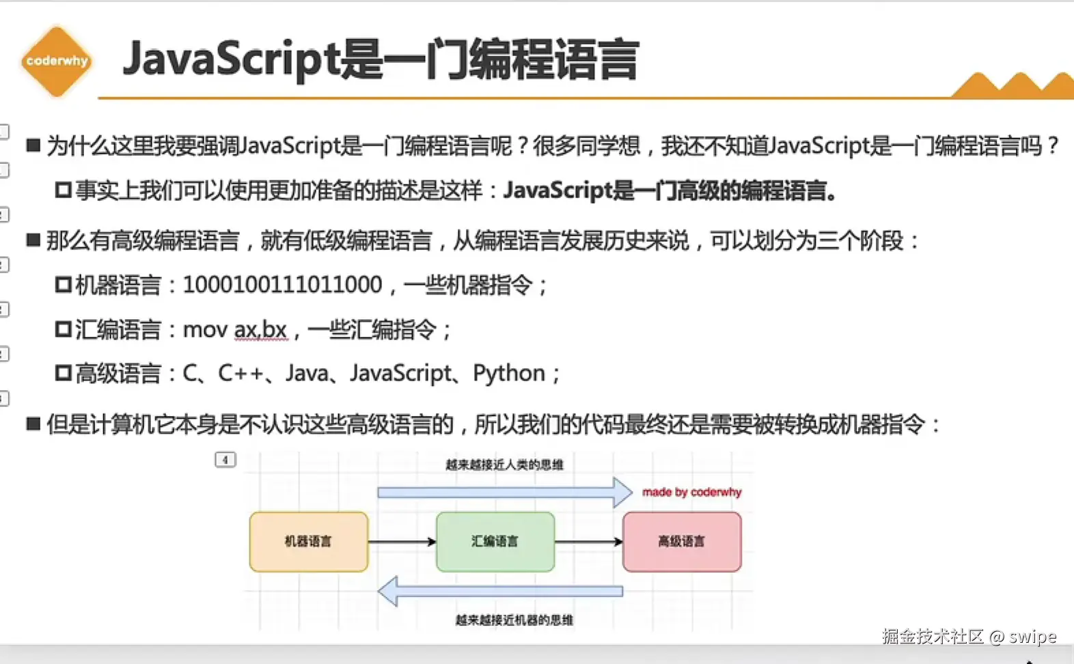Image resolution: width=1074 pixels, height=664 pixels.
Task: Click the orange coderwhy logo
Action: click(x=57, y=61)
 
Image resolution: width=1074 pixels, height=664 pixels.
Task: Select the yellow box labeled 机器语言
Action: click(x=309, y=542)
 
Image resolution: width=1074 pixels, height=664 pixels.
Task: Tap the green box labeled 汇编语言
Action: click(x=495, y=542)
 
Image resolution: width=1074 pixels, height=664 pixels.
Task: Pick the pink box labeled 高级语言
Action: click(x=682, y=542)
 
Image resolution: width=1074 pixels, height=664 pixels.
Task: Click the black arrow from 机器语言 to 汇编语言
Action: click(x=402, y=542)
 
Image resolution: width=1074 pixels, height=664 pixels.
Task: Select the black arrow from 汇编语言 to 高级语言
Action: click(x=588, y=542)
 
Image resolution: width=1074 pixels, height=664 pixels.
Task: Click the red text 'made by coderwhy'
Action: click(x=691, y=492)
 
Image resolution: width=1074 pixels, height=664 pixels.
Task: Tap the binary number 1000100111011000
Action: click(x=282, y=285)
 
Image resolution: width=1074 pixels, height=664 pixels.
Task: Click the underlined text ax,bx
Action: click(x=260, y=330)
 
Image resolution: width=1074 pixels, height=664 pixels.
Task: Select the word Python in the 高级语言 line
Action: click(x=509, y=374)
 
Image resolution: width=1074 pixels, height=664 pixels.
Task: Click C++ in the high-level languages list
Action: click(x=240, y=374)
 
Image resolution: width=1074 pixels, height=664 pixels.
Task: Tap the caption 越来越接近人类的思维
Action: click(x=504, y=465)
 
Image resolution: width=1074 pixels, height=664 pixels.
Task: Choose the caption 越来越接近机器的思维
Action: click(x=514, y=620)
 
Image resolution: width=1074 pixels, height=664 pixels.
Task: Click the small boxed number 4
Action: click(x=225, y=460)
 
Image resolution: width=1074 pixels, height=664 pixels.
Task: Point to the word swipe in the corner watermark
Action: click(x=1032, y=637)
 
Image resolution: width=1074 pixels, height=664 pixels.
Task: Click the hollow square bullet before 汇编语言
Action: click(x=64, y=330)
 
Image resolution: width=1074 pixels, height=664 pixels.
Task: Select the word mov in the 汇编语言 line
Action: click(x=205, y=330)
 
